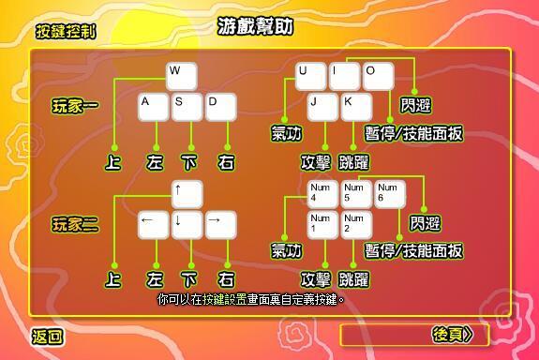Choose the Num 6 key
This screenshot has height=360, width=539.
pos(390,194)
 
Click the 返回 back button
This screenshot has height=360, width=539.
pos(48,337)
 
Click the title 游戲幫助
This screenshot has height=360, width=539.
pos(255,25)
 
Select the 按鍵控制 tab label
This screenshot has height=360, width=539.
pos(65,32)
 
